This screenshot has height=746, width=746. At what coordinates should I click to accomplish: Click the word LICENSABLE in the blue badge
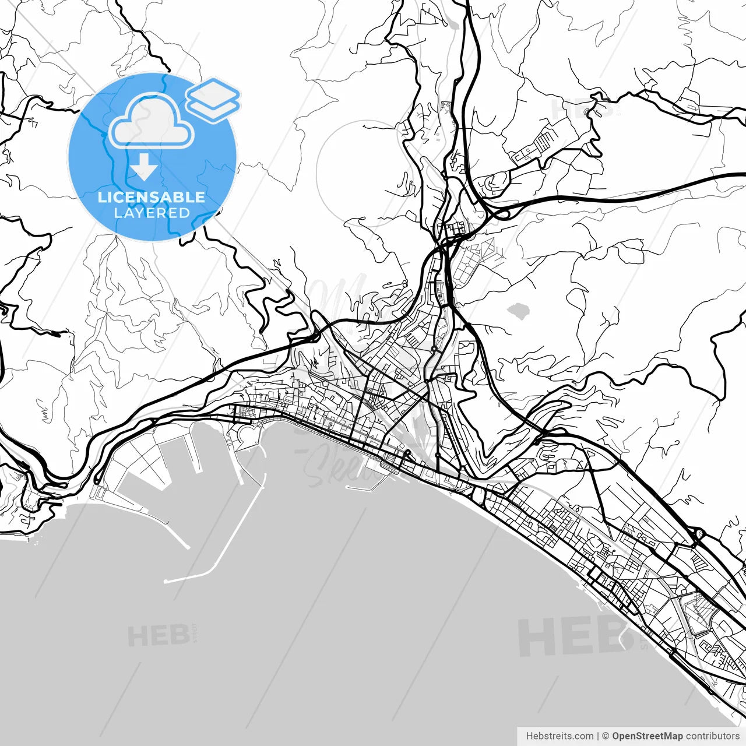[x=152, y=197]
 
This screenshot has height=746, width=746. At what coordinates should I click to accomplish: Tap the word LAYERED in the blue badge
[x=152, y=213]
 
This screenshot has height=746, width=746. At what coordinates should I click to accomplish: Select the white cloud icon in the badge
[x=152, y=124]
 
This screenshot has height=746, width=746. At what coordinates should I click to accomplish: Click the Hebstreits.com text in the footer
[x=559, y=736]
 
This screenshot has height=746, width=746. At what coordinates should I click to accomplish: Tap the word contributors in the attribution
[x=712, y=736]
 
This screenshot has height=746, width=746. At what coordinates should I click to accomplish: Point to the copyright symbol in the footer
[x=606, y=736]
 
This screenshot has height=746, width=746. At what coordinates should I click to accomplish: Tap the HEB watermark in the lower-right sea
[x=568, y=636]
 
